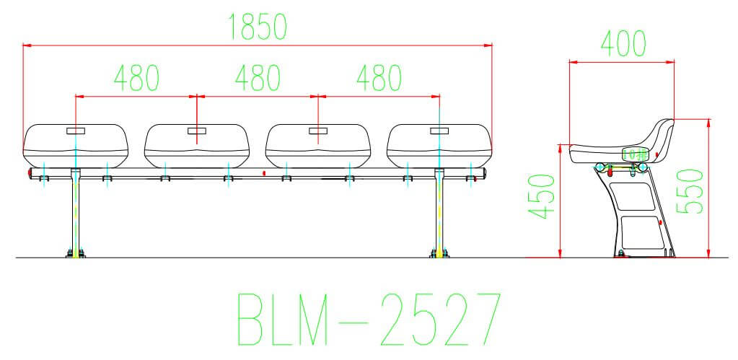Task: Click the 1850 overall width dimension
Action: (x=258, y=27)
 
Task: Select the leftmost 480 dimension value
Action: (x=136, y=78)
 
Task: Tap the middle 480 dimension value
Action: (x=258, y=78)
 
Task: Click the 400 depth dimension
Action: (x=621, y=45)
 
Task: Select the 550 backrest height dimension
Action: (x=690, y=190)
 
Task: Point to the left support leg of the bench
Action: (x=75, y=213)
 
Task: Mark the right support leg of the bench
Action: (x=439, y=213)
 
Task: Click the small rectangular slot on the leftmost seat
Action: (x=76, y=131)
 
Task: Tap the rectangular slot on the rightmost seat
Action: (x=439, y=131)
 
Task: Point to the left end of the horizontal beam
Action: (x=29, y=175)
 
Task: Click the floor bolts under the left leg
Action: (x=75, y=253)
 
